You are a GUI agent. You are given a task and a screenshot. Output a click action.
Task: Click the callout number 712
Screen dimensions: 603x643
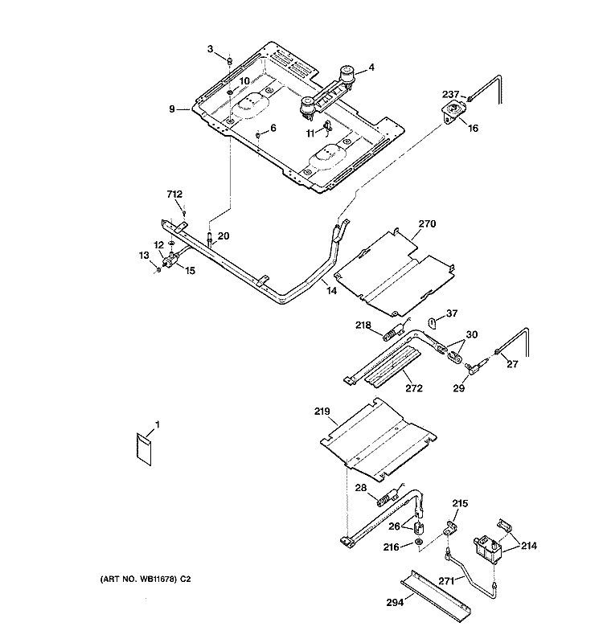coord(174,194)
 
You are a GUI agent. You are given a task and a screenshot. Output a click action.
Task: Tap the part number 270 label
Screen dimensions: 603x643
coord(427,224)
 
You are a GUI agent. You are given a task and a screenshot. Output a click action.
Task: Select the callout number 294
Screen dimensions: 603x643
coord(395,602)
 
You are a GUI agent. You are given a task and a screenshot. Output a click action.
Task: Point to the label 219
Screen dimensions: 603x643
coord(322,412)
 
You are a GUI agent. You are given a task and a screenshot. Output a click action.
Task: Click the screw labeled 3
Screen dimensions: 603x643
coord(230,62)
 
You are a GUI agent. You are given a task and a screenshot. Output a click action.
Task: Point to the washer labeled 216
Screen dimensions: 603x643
coord(418,543)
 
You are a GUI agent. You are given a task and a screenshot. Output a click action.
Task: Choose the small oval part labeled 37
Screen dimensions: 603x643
coord(432,323)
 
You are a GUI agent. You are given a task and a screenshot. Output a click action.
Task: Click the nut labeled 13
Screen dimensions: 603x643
coord(158,270)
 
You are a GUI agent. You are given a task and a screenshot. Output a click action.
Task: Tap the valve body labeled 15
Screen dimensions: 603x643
coord(170,260)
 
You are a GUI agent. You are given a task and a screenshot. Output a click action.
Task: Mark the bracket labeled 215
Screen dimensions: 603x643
coord(449,528)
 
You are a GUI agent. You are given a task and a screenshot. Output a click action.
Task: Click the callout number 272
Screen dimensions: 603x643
coord(414,388)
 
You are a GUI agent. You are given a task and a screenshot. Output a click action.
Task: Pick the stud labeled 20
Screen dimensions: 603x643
coord(210,240)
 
